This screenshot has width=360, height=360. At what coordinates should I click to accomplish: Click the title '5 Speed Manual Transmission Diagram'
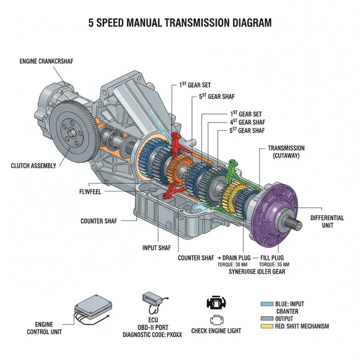pyautogui.click(x=179, y=23)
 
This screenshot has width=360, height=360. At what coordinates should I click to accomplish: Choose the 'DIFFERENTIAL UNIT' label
pyautogui.click(x=328, y=222)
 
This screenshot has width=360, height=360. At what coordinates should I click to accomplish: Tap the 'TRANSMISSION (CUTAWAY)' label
pyautogui.click(x=286, y=152)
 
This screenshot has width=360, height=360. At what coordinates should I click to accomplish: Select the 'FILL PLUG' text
pyautogui.click(x=274, y=257)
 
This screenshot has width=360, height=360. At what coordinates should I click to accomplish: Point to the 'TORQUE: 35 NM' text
pyautogui.click(x=274, y=265)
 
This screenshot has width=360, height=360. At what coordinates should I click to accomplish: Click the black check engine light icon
pyautogui.click(x=214, y=302)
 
